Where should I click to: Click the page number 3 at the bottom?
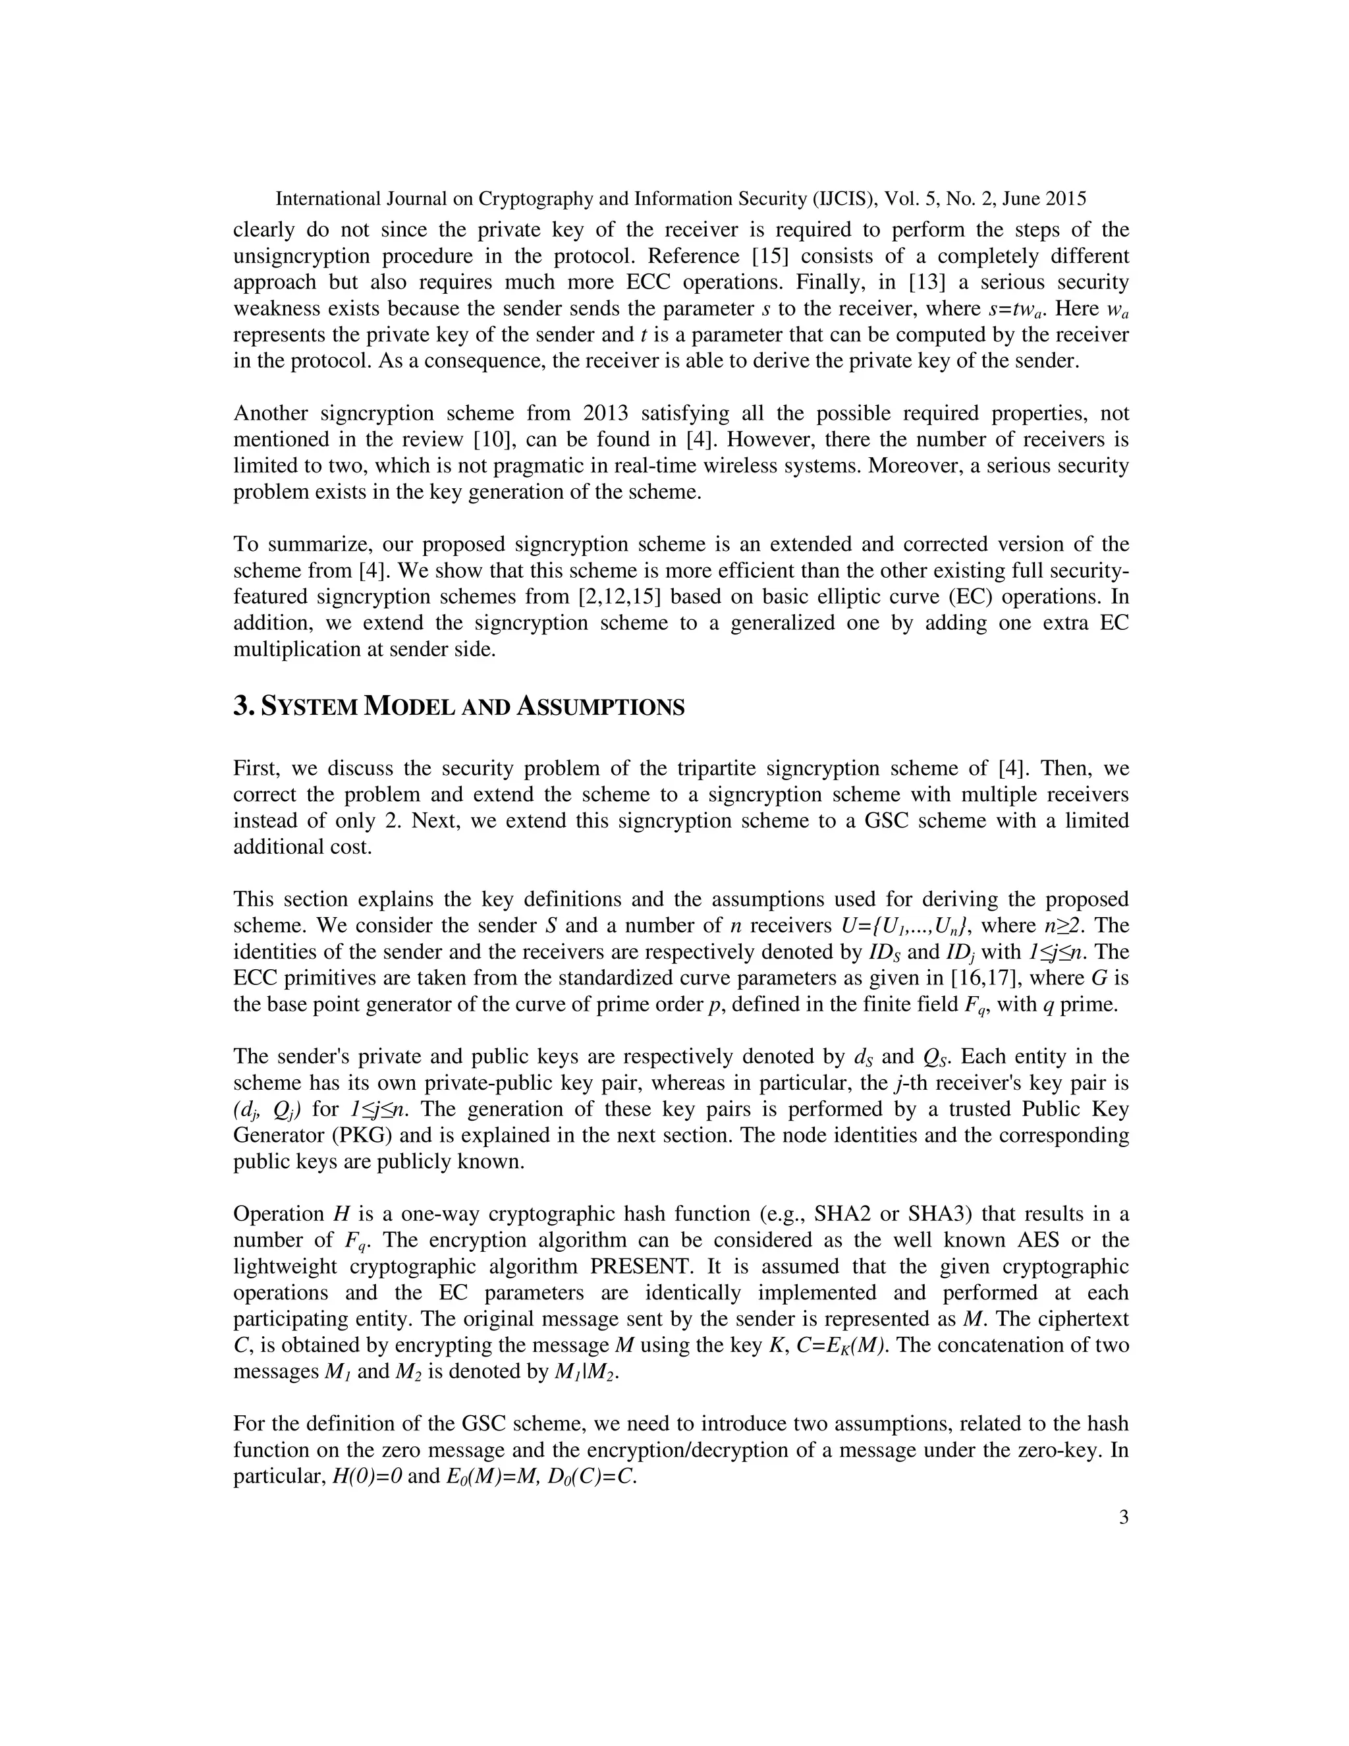(x=1124, y=1518)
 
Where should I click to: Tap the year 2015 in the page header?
(x=1064, y=199)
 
